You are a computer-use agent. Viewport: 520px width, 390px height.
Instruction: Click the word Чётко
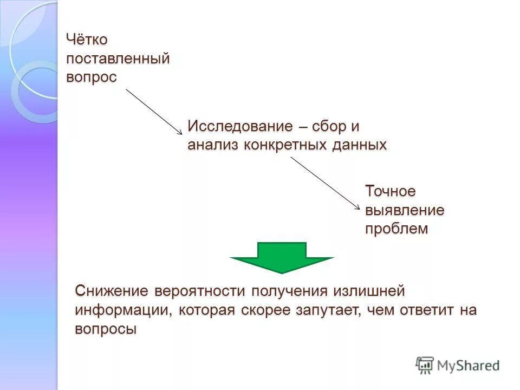[87, 40]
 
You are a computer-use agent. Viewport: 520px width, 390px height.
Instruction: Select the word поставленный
[118, 58]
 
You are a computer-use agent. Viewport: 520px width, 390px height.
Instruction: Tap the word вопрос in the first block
[92, 77]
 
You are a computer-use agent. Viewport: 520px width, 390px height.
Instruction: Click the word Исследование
[239, 126]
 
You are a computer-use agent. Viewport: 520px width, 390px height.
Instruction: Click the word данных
[361, 145]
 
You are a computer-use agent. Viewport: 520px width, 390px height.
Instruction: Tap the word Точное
[391, 191]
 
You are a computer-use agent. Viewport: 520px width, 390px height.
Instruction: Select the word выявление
[405, 210]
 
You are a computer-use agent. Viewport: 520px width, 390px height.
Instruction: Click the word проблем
[396, 229]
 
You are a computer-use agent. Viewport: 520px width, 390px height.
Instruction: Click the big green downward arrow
[282, 258]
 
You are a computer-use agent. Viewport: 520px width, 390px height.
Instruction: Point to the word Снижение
[112, 291]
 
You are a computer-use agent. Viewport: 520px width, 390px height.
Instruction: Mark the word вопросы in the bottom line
[106, 329]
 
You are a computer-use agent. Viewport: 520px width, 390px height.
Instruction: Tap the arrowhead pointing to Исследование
[180, 132]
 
